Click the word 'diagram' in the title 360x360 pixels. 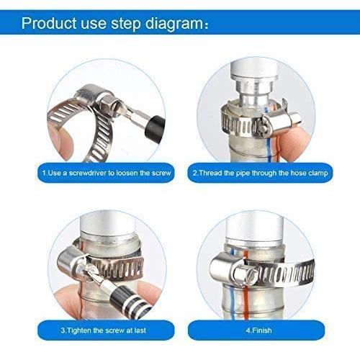point(174,24)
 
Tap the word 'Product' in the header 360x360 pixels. point(49,23)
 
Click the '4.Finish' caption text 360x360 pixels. point(259,330)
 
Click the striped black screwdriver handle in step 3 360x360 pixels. point(131,303)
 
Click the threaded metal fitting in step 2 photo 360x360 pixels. point(253,86)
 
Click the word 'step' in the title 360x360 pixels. point(126,24)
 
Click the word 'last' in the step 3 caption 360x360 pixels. point(140,330)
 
